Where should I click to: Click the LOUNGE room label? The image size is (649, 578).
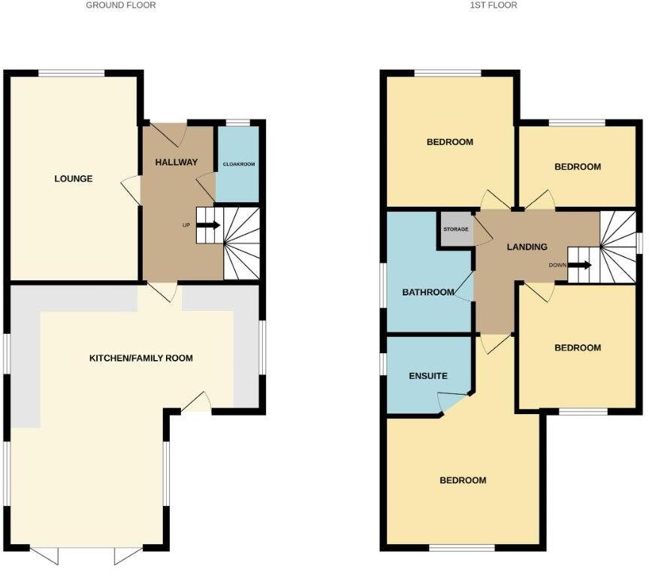[74, 179]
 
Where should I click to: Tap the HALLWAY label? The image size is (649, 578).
[177, 162]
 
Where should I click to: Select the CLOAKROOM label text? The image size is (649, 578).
[237, 164]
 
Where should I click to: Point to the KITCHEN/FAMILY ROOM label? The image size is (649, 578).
[141, 359]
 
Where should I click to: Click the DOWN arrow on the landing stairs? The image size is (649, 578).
[581, 265]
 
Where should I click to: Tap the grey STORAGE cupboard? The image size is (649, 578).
[456, 229]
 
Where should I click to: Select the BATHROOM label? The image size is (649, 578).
[428, 292]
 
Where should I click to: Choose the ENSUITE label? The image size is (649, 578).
[428, 376]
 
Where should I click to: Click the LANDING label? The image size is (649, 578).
[527, 247]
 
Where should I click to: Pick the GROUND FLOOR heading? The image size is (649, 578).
[121, 5]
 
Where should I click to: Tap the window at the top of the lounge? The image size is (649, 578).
[72, 72]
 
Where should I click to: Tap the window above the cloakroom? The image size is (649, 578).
[238, 123]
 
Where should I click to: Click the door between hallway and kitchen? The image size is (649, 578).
[163, 290]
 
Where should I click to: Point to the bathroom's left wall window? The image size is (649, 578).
[382, 287]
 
